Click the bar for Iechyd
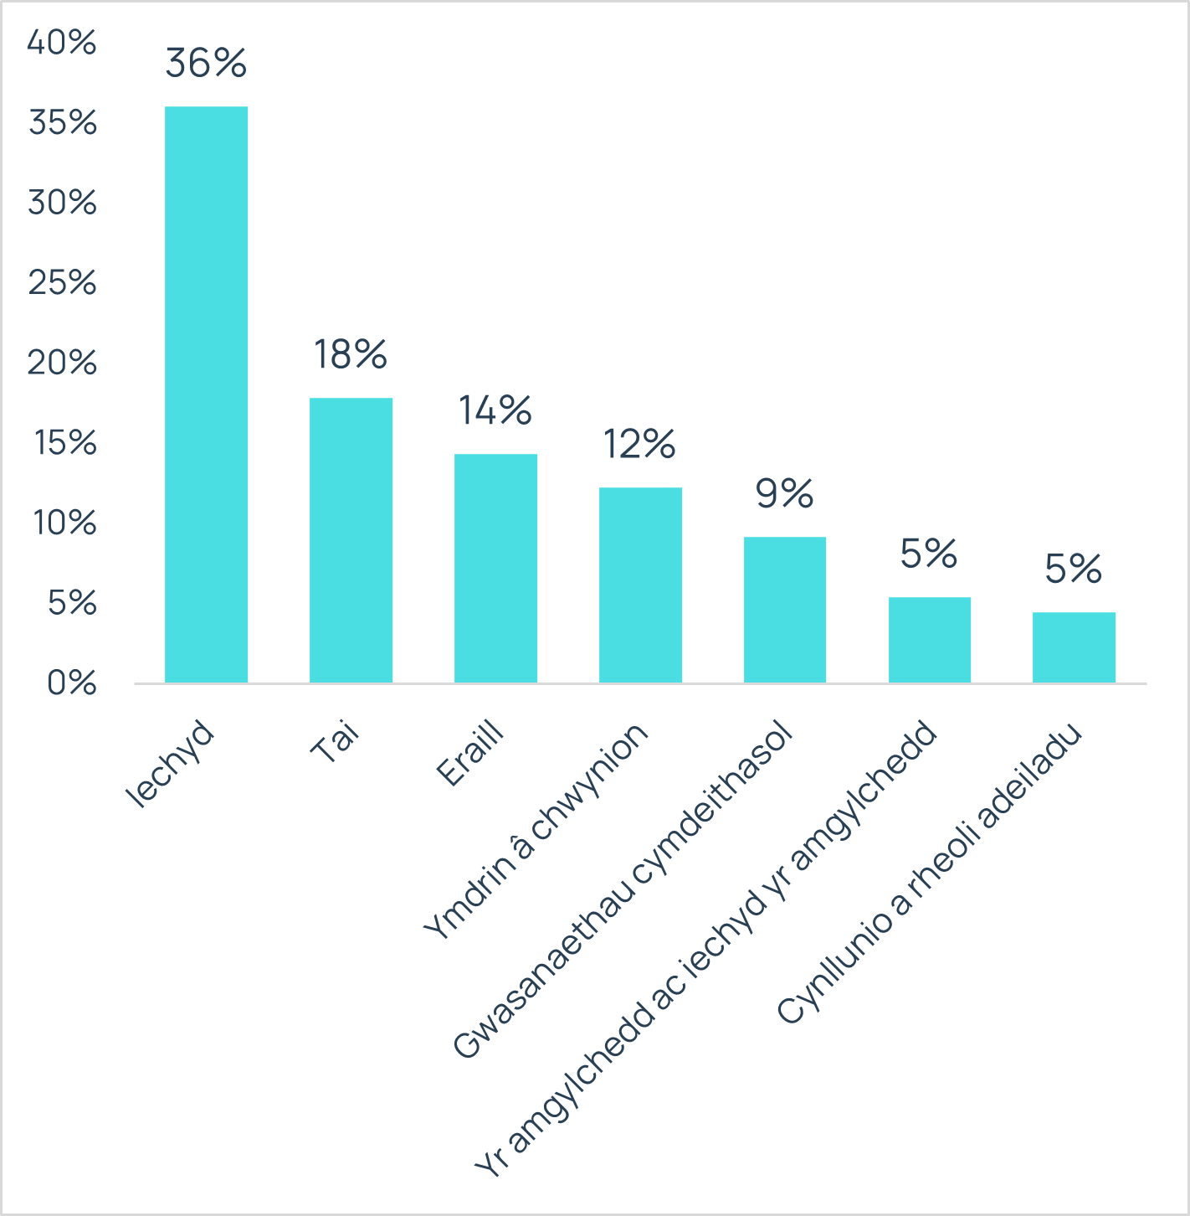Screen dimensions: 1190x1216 tap(206, 394)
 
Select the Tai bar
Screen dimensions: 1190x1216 tap(351, 540)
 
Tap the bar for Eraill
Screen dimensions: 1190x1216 tap(495, 568)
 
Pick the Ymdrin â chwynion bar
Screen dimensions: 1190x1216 tap(640, 585)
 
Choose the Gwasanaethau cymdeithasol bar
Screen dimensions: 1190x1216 tap(784, 610)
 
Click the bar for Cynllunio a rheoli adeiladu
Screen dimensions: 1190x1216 tap(1074, 647)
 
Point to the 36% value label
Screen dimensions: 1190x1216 tap(206, 63)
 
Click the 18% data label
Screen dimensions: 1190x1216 tap(351, 354)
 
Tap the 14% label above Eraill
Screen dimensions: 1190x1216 tap(495, 410)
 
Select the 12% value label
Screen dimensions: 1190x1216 tap(640, 444)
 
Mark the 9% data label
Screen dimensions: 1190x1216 tap(784, 493)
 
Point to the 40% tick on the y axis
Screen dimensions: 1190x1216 tap(62, 42)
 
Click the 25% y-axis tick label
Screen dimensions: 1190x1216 tap(63, 282)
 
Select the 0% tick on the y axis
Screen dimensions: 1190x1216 tap(72, 683)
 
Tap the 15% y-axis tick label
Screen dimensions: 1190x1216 tap(65, 442)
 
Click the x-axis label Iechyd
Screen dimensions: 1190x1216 tap(170, 763)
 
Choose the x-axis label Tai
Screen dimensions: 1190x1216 tap(334, 741)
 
